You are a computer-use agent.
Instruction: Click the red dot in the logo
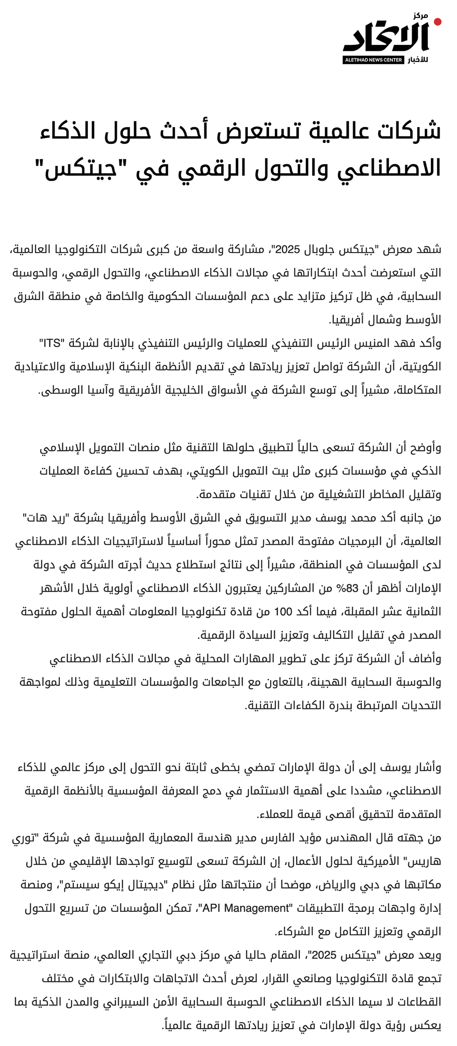(437, 22)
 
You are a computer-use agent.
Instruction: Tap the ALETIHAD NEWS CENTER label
(373, 60)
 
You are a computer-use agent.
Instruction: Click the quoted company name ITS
(52, 343)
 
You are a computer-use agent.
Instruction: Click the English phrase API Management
(245, 908)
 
